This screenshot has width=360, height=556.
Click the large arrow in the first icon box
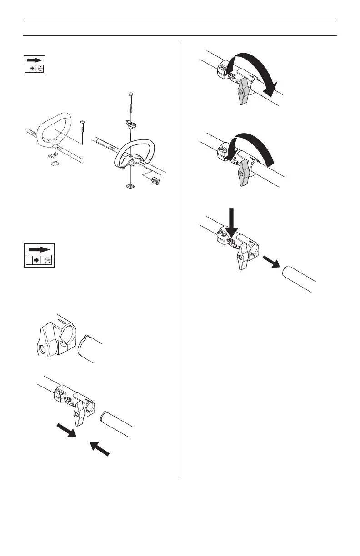tap(35, 60)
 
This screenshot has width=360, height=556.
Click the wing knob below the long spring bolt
tap(131, 123)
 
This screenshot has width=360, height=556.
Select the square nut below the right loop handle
tap(130, 186)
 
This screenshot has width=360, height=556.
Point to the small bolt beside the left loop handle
tap(82, 127)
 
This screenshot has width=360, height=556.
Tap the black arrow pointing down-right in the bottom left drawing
tap(66, 428)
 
